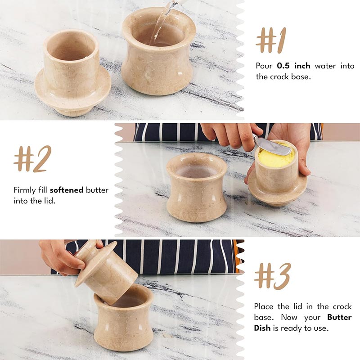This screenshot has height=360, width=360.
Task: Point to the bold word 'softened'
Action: (x=67, y=190)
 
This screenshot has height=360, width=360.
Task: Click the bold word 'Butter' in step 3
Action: (x=339, y=317)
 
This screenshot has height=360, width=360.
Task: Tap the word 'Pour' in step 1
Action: (x=264, y=66)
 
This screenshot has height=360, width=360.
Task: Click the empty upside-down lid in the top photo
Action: (x=72, y=72)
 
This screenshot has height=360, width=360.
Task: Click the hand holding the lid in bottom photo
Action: (x=61, y=256)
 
